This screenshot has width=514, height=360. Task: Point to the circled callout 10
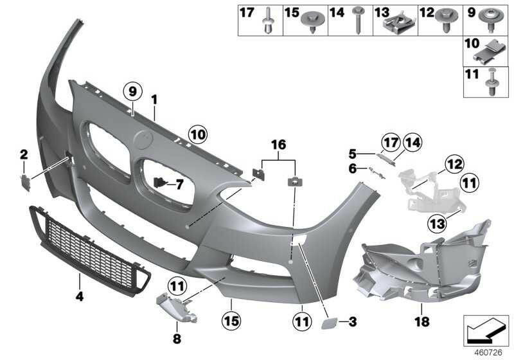[x=197, y=134]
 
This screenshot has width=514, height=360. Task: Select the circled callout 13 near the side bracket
[x=438, y=223]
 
